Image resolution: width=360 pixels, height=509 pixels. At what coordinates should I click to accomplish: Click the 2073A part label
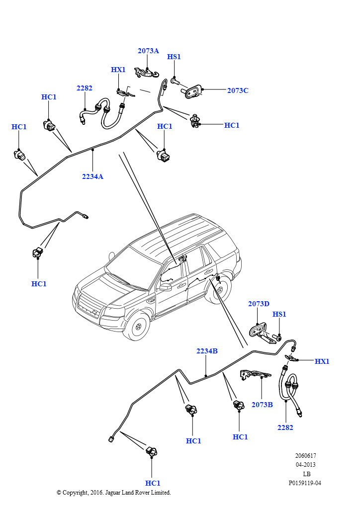click(x=148, y=51)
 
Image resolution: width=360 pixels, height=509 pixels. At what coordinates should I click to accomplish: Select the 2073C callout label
click(x=238, y=90)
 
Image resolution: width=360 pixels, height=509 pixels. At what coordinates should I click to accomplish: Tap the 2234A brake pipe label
click(x=92, y=176)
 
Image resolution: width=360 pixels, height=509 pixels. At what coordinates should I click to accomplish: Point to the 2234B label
click(x=207, y=351)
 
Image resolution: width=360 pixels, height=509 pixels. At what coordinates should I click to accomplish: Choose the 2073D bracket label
click(x=259, y=304)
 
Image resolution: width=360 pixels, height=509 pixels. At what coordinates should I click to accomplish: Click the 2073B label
click(x=262, y=405)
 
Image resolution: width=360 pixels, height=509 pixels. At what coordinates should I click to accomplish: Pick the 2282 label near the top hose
click(x=85, y=88)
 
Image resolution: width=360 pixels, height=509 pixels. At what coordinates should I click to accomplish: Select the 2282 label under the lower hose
click(x=285, y=427)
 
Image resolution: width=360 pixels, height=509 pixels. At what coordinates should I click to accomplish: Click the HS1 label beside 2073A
click(x=174, y=57)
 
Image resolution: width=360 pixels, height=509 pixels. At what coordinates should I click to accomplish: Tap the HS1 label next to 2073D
click(x=279, y=314)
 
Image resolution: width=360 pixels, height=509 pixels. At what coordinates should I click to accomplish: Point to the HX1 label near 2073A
click(x=118, y=70)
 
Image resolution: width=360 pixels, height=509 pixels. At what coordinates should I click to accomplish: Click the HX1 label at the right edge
click(x=322, y=361)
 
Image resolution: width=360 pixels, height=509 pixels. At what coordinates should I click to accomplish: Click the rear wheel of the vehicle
click(x=219, y=290)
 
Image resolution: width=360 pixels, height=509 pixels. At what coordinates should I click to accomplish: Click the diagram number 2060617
click(x=305, y=455)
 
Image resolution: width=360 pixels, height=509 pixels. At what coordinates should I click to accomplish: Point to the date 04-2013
click(x=305, y=465)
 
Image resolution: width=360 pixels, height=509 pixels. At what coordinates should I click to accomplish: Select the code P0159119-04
click(x=305, y=483)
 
